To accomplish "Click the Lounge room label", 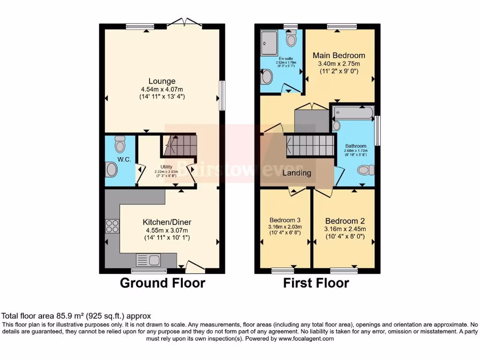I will click(162, 81).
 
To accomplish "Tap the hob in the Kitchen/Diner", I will click(112, 226).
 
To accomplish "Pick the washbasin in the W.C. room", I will click(111, 169).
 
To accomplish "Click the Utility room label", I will click(166, 166).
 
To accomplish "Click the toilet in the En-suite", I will click(291, 39).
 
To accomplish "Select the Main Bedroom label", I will click(339, 55).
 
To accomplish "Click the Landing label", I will click(297, 173).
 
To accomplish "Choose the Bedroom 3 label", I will click(285, 220).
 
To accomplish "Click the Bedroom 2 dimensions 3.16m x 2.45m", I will click(345, 229).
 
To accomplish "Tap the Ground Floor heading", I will click(162, 283).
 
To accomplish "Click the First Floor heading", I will click(316, 283).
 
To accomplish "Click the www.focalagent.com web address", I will click(306, 338).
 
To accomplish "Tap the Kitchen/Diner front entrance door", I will click(195, 268).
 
